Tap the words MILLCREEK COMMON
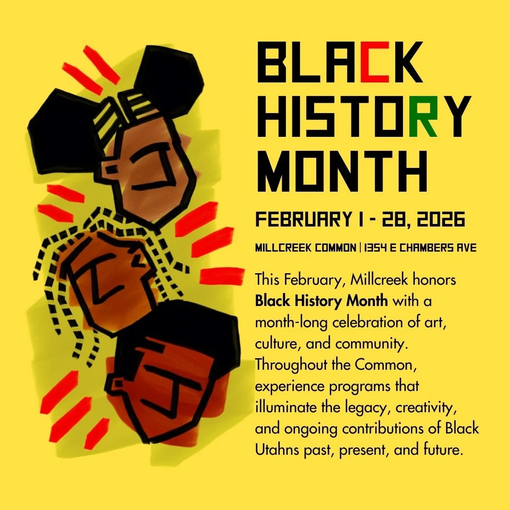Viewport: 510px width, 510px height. tap(305, 248)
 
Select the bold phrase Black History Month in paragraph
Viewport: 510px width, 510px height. tap(321, 301)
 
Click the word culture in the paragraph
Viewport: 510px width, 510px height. tap(275, 344)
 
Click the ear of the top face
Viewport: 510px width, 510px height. tap(111, 168)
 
